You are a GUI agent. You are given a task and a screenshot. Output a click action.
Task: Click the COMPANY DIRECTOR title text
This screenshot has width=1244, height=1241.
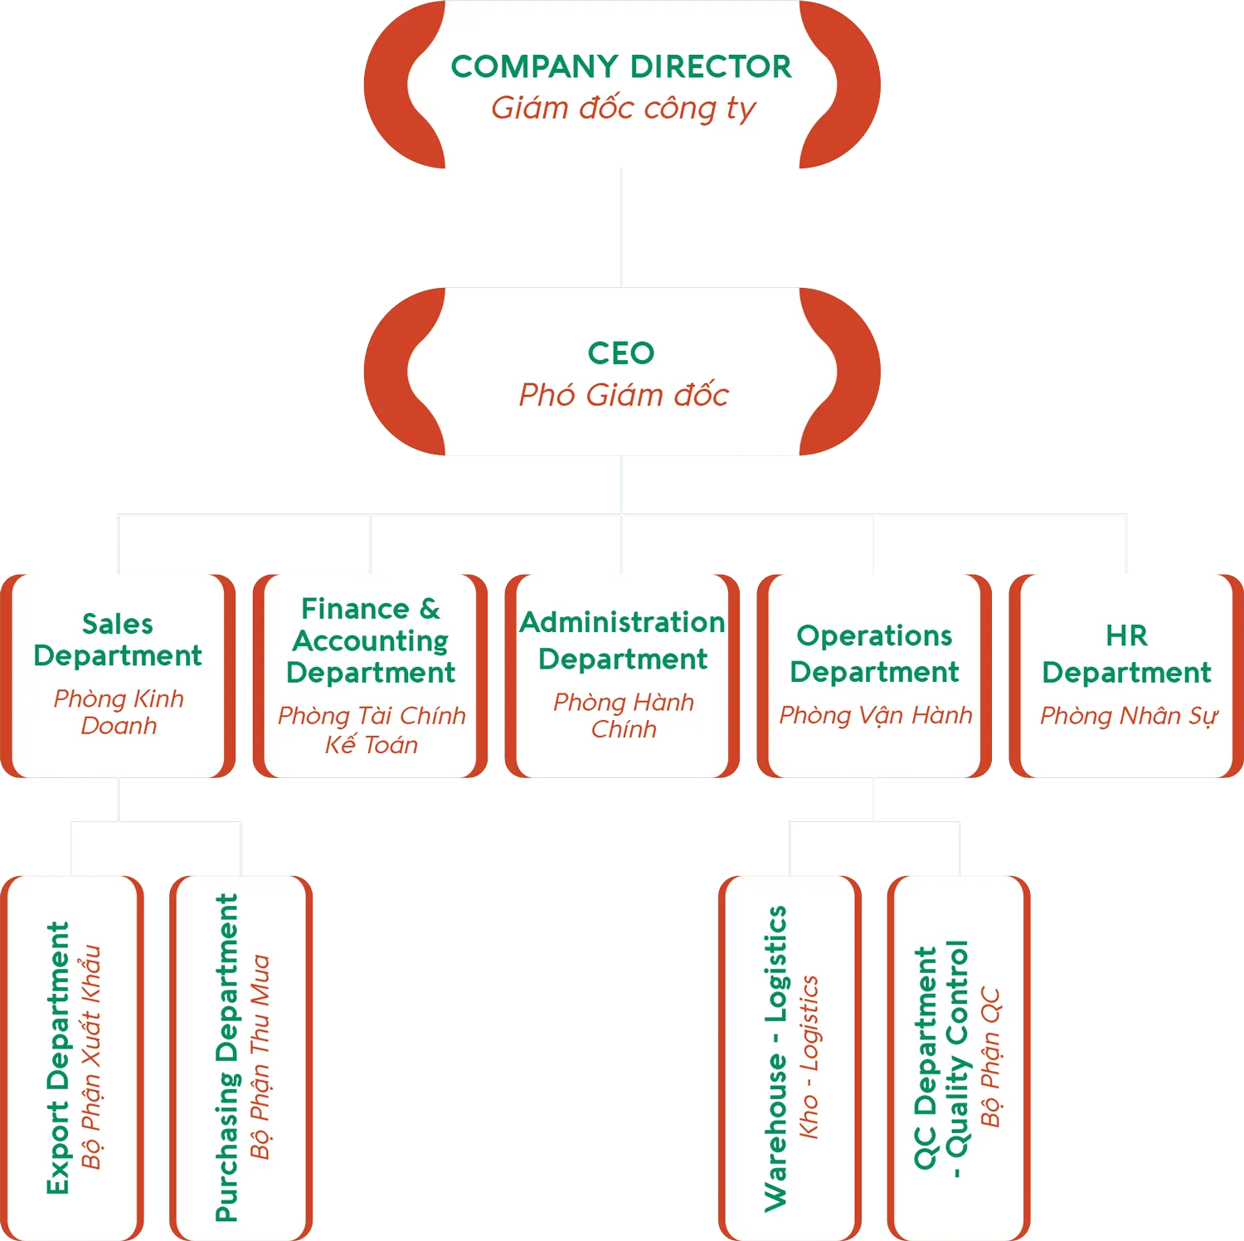coord(621,66)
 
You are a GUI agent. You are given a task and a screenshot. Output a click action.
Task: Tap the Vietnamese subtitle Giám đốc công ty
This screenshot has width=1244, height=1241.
coord(623,108)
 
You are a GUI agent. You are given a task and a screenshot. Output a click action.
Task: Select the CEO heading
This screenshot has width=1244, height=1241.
coord(621,353)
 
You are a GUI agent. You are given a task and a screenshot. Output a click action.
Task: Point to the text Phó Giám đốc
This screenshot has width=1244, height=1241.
coord(623,395)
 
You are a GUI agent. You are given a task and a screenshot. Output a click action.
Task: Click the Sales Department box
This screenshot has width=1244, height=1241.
coord(118,674)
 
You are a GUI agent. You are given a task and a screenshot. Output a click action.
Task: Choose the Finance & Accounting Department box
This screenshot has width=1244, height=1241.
coord(371,674)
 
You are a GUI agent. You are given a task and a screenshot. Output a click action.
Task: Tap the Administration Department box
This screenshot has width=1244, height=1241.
coord(623,674)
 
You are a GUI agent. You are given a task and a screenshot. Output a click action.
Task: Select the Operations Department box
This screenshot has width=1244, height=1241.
coord(874,674)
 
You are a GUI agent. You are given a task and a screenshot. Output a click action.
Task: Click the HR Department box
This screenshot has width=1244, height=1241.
coord(1126,674)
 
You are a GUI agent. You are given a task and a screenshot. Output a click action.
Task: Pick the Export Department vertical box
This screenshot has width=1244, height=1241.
coord(73,1058)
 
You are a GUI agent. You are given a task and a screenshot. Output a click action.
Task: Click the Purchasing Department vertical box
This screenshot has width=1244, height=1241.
coord(241,1058)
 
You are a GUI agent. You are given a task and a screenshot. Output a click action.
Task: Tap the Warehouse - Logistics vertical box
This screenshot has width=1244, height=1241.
coord(790,1058)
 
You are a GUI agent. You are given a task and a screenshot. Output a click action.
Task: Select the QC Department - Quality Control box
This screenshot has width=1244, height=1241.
coord(959,1058)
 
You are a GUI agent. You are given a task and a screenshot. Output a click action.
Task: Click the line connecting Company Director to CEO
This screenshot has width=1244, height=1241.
coord(620,228)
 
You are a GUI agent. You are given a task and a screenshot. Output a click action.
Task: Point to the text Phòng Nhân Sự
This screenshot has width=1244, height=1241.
coord(1128,715)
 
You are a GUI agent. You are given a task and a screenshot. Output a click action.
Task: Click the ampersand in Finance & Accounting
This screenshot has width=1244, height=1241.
coord(430,609)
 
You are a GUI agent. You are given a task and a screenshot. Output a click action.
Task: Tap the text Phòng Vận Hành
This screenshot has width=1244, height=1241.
coord(875,715)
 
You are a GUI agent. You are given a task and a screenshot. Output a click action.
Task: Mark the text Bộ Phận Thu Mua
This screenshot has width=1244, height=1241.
coord(260,1058)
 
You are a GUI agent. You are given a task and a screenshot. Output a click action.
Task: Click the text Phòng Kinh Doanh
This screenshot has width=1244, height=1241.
coord(119,712)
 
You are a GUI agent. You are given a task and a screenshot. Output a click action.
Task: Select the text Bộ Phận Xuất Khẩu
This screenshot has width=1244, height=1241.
coord(91,1058)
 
